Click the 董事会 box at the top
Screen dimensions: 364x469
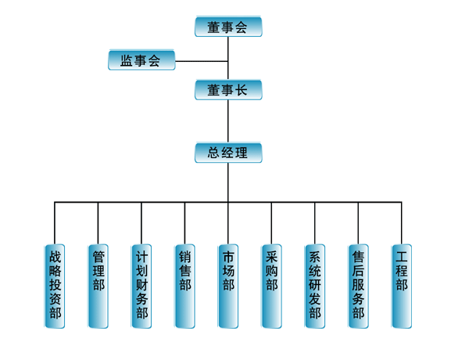227,27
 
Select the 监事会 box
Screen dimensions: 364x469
141,60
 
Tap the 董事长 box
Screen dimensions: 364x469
227,90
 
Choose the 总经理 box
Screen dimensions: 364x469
227,153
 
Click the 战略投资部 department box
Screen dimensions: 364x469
55,286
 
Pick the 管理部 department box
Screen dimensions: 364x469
98,286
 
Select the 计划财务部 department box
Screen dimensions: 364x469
141,286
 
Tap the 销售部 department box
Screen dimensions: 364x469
184,286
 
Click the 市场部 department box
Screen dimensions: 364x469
228,286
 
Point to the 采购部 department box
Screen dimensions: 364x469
271,286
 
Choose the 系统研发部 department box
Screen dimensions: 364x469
315,286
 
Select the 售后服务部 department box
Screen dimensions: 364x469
358,286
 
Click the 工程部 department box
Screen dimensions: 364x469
402,286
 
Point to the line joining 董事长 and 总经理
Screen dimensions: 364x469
228,121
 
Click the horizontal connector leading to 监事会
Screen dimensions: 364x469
202,60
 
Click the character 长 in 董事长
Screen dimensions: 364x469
242,90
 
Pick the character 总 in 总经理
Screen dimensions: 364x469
213,153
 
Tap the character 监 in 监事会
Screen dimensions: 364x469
126,60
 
